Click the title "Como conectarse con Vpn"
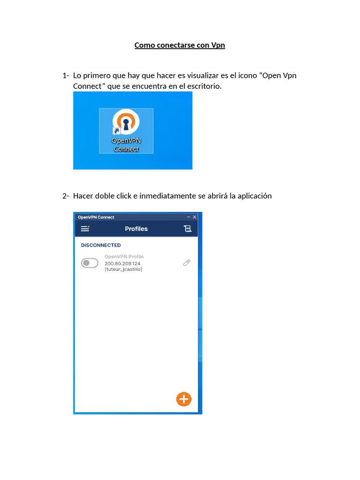180,45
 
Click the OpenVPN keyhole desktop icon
126,122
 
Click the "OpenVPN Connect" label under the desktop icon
126,144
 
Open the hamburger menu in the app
85,229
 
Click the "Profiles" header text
136,229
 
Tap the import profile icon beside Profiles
187,229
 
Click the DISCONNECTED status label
101,245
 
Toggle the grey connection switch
90,263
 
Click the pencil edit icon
187,263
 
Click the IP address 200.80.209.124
122,263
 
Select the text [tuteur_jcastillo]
123,270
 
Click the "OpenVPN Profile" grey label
124,257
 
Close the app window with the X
195,217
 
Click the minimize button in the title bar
188,217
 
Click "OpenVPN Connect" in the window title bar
96,217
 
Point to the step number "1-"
66,76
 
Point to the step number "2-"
66,196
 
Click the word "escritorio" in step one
202,87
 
